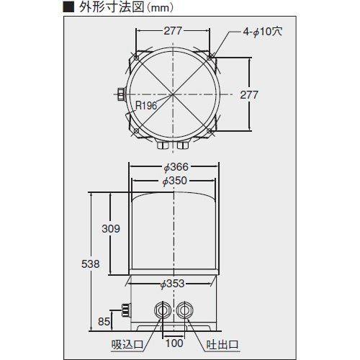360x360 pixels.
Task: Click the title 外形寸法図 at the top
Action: pos(112,7)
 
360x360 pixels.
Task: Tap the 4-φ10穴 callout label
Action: pos(262,32)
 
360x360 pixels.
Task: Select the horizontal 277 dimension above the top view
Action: pos(173,31)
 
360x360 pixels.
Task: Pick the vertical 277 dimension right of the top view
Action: pos(249,95)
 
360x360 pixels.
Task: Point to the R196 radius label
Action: pos(146,105)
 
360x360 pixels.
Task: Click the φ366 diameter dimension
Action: pos(176,167)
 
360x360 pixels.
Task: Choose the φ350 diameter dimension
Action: pos(174,181)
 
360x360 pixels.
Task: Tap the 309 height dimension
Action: pos(111,229)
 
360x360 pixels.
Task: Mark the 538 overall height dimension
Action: pos(90,264)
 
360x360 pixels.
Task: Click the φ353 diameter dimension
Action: pos(172,284)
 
